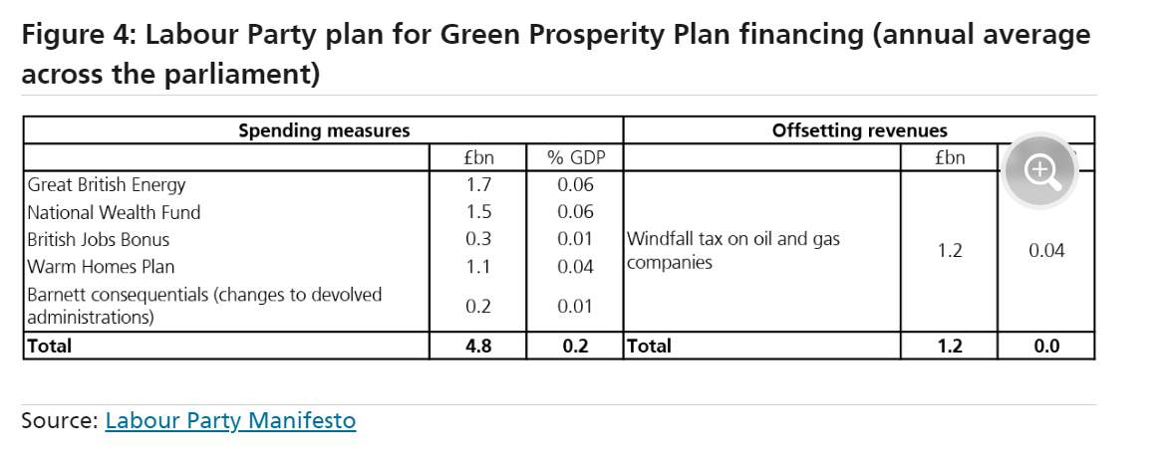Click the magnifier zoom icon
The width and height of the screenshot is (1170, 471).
click(x=1041, y=170)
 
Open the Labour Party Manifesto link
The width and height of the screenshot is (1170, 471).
click(x=230, y=420)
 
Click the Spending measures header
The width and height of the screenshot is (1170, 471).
click(x=323, y=130)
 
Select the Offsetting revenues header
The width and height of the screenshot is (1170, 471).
click(x=859, y=130)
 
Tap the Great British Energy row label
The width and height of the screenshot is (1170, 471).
click(x=107, y=184)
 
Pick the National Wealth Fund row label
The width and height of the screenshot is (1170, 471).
click(x=114, y=212)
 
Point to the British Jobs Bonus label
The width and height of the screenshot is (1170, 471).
click(x=99, y=239)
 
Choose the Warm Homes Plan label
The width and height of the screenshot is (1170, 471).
click(x=101, y=266)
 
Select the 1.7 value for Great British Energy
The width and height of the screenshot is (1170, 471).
click(x=478, y=184)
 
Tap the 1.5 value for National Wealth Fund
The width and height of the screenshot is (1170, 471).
click(x=478, y=212)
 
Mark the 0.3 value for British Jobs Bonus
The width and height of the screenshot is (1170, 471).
click(x=478, y=239)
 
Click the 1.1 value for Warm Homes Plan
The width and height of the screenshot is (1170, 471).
click(x=478, y=266)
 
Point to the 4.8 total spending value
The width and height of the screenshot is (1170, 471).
click(x=478, y=346)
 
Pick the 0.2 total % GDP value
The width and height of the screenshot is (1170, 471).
click(x=575, y=346)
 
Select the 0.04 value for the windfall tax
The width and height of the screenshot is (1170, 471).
click(x=1045, y=251)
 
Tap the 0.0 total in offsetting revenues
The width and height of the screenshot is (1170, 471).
click(x=1045, y=346)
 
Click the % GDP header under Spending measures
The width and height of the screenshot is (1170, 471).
click(x=575, y=157)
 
